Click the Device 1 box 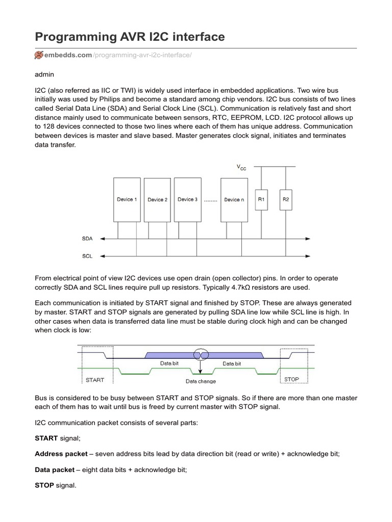127,199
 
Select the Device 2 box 157,200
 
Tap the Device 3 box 187,199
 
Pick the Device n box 234,200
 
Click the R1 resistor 261,199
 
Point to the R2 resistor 286,199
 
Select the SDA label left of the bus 87,238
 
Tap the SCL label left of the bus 87,256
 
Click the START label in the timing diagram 95,380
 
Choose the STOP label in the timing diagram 291,379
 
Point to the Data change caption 200,381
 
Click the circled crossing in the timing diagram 200,354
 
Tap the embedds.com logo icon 39,55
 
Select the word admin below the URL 44,74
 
